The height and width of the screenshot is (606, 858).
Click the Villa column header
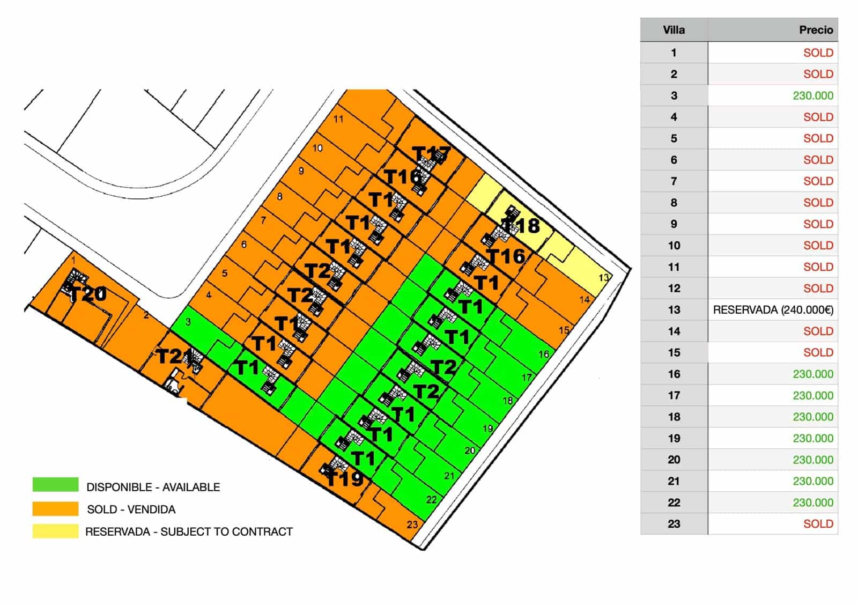(x=674, y=30)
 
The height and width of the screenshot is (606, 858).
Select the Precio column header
(x=816, y=30)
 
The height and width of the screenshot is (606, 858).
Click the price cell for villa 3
(x=812, y=96)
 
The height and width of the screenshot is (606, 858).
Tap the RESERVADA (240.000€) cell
(x=773, y=310)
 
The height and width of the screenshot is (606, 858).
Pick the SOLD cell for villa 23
(x=818, y=524)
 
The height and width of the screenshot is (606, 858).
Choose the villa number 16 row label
(x=674, y=374)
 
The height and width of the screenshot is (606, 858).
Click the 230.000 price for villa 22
(x=812, y=502)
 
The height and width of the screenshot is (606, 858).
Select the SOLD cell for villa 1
(x=818, y=53)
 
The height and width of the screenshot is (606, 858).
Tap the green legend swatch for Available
(x=55, y=485)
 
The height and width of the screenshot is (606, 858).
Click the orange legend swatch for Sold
(x=55, y=508)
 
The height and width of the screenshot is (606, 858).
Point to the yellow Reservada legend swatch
(x=55, y=531)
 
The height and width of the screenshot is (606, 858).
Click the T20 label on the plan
(x=88, y=294)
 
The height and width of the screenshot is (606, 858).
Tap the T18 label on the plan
(x=521, y=226)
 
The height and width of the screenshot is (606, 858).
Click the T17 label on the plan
(x=431, y=154)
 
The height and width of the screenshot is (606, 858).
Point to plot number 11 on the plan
(x=338, y=119)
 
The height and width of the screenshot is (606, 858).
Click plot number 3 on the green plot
(x=188, y=322)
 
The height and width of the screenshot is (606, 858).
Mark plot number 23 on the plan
(x=412, y=524)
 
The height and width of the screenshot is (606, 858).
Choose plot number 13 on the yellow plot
(x=604, y=278)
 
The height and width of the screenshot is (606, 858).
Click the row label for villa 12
(x=674, y=289)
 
